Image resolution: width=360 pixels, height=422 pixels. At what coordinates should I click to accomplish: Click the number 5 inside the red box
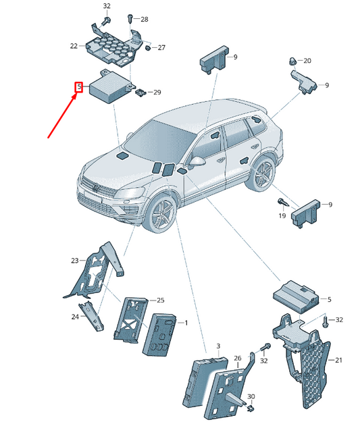79,87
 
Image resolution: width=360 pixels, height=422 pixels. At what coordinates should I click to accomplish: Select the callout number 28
144,20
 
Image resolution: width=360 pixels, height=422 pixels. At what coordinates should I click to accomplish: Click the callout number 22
74,46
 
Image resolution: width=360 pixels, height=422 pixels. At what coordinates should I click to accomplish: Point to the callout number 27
161,48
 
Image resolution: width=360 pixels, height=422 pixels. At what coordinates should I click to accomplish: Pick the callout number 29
157,92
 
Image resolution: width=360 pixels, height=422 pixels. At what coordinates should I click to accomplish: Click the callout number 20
307,61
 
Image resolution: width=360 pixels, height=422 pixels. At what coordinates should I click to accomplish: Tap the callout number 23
74,259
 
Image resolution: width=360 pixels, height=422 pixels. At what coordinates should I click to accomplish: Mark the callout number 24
74,316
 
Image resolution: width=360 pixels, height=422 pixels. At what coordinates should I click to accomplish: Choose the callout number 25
160,300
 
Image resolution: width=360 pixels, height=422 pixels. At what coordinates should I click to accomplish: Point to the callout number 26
237,358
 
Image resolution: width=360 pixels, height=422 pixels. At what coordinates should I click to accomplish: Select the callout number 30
251,396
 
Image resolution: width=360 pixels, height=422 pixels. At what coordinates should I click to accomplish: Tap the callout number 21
339,360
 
